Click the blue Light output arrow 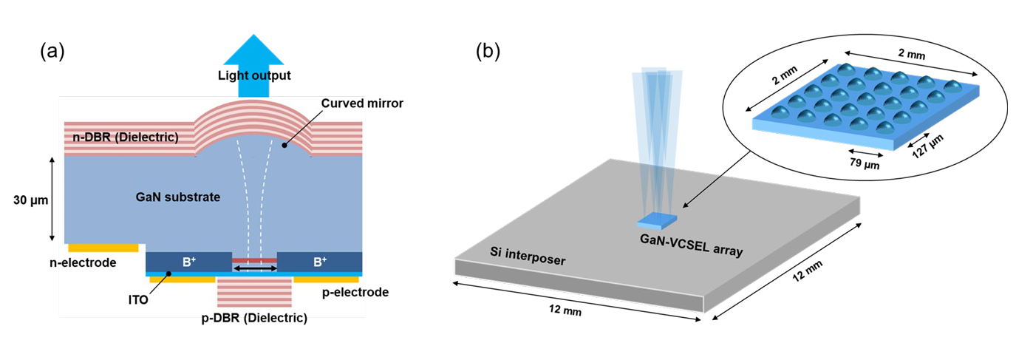(253, 66)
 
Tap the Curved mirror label (362, 103)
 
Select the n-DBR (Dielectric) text (126, 137)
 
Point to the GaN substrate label (178, 197)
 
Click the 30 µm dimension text (30, 200)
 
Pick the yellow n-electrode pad (103, 248)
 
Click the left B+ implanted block (188, 262)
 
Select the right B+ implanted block (319, 262)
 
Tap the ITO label (138, 300)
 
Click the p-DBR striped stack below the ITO (254, 292)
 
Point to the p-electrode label (355, 292)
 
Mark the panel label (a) (52, 52)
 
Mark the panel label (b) (488, 52)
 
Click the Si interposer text (528, 257)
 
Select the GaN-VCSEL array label (691, 245)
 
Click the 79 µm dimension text (865, 162)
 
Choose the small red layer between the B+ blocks (254, 261)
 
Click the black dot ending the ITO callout (168, 274)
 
